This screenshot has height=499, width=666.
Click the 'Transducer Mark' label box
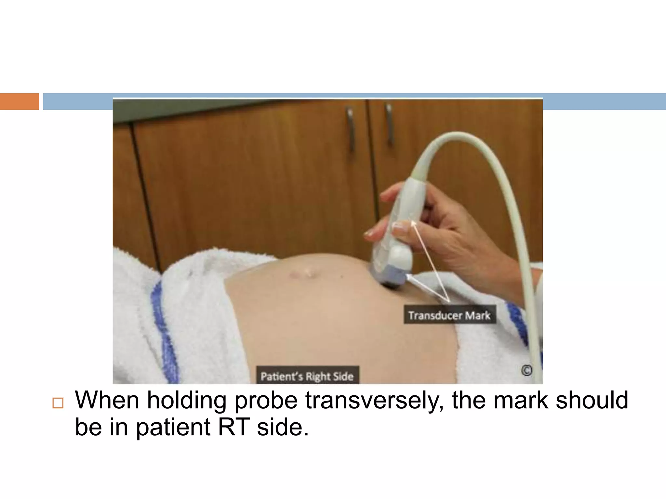click(x=450, y=314)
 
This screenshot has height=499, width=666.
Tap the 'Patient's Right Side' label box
click(x=307, y=376)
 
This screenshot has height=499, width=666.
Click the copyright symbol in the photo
click(x=526, y=370)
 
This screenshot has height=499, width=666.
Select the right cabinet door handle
click(x=389, y=123)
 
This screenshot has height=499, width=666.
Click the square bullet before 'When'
click(x=58, y=403)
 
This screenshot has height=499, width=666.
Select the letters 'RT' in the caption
click(x=234, y=427)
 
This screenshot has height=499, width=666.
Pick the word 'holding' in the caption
click(x=187, y=400)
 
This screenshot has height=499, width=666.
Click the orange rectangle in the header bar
click(x=19, y=101)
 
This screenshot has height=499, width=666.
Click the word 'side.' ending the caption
click(x=283, y=427)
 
